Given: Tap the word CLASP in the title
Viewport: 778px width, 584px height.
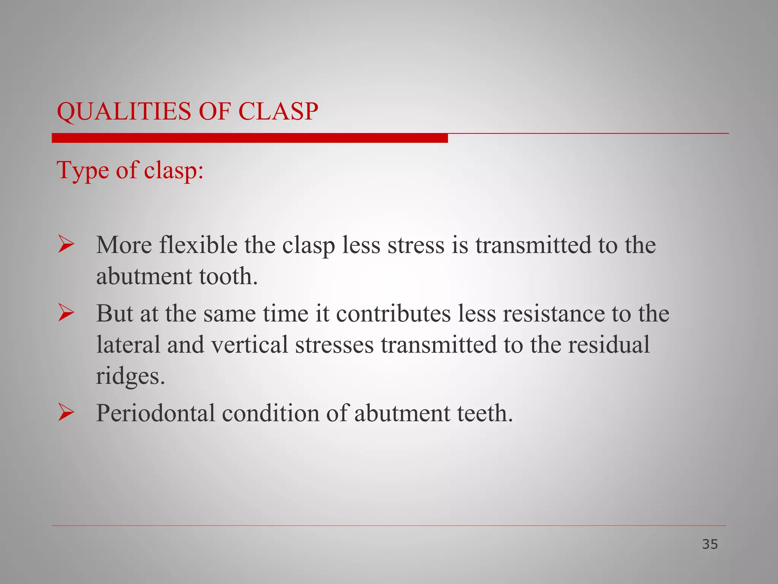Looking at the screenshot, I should pos(278,111).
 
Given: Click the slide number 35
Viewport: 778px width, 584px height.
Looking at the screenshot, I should pos(710,544).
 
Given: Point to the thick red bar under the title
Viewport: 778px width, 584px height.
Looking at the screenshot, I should pos(250,138).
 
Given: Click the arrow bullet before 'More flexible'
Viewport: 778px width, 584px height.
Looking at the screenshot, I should pos(66,244).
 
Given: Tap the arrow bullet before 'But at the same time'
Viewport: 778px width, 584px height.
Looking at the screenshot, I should pos(66,313).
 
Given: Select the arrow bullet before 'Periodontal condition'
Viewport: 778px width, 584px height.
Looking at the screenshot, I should pos(66,413).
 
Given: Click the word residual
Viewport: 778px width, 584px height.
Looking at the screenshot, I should pos(609,344).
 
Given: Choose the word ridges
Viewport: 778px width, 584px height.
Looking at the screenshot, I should pos(130,376).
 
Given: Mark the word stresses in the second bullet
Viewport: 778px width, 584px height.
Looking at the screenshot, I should pos(334,344).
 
